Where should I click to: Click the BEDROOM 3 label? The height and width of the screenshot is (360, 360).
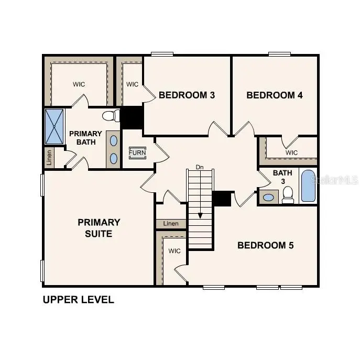point(180,95)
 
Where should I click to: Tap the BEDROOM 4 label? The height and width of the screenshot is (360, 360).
point(275,95)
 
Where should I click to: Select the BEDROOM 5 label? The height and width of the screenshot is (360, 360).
point(266,245)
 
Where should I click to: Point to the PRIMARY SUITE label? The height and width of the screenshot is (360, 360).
point(99,228)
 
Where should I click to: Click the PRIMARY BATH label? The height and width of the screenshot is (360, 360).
point(85,138)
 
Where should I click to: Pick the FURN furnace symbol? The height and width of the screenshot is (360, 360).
point(138,153)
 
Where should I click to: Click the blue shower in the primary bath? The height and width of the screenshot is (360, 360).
point(54,126)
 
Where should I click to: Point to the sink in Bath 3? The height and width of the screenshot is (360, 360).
point(269,198)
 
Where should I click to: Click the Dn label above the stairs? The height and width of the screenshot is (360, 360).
point(199,167)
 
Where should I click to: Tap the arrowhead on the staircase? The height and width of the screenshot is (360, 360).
point(200,215)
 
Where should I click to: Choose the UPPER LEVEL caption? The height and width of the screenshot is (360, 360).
point(78,300)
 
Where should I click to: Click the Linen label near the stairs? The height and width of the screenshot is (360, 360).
point(171,224)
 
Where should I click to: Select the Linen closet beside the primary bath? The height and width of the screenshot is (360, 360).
point(49,157)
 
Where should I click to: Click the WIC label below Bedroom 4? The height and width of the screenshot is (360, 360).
point(292,152)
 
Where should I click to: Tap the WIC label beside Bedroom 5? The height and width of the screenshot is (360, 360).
point(174,251)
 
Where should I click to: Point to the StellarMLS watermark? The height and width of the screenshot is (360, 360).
point(334,180)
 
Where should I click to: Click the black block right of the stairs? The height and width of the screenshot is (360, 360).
point(222,199)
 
